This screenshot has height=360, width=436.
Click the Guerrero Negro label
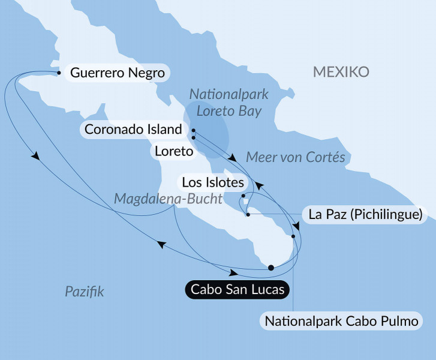118,73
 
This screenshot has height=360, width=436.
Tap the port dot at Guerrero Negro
59,73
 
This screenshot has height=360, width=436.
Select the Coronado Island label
133,129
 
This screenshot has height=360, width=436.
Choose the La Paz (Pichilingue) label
366,214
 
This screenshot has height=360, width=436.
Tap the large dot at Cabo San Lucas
271,268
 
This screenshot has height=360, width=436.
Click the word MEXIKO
341,73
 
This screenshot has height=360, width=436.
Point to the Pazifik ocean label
85,292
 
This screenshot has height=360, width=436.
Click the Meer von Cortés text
296,158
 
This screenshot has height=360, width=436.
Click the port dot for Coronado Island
193,130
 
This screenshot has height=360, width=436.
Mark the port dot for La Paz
248,215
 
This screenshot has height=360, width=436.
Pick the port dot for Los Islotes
243,196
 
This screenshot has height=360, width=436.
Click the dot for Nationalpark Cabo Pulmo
293,236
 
